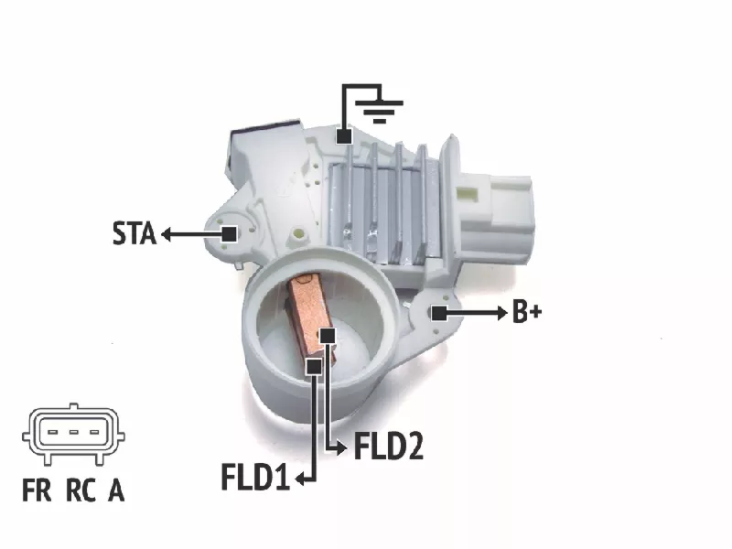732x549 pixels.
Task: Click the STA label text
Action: [x=135, y=233]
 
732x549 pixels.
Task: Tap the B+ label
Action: [x=527, y=312]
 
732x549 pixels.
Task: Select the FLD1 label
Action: [x=255, y=477]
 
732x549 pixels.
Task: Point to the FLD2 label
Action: [x=389, y=447]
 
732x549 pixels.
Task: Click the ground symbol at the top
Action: [x=380, y=111]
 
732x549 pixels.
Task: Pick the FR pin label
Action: [x=37, y=490]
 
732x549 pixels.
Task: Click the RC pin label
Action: [x=81, y=490]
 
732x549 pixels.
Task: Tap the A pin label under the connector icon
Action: [x=116, y=490]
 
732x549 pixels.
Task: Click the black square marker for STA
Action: [x=229, y=234]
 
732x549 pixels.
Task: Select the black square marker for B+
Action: [x=438, y=313]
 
